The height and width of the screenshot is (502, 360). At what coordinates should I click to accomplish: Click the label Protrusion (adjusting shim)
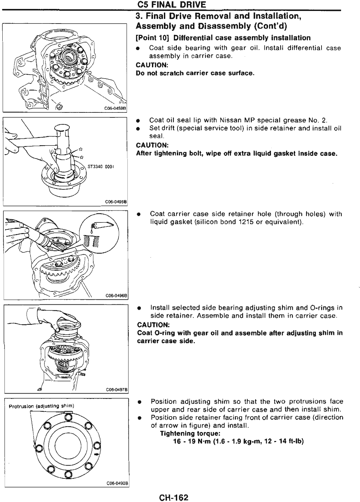pyautogui.click(x=41, y=406)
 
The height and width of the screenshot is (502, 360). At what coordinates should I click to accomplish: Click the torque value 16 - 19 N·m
pyautogui.click(x=192, y=441)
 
